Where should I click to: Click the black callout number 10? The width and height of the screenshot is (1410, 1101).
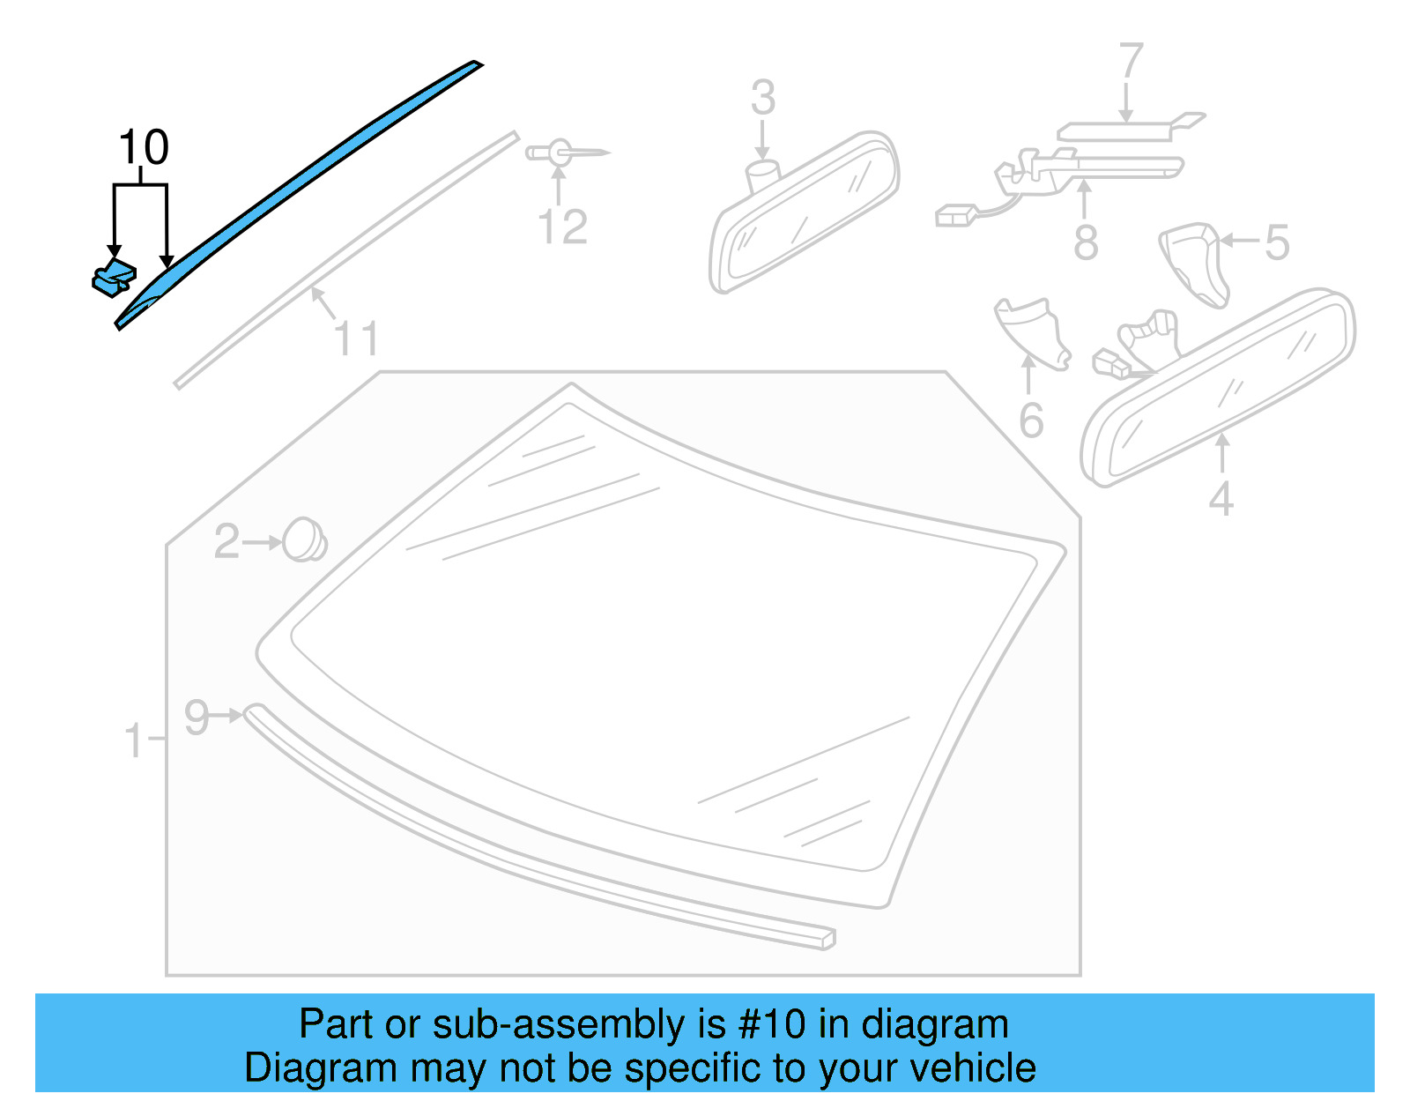(144, 147)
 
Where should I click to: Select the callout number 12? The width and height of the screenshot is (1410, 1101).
(562, 227)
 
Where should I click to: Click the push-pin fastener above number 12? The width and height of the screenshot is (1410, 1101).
(559, 153)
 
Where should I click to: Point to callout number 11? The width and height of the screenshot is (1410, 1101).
(357, 338)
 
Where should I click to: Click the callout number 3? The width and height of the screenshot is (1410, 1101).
(763, 97)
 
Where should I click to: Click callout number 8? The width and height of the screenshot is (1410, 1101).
(1086, 242)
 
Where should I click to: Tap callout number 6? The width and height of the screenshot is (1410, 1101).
(1031, 420)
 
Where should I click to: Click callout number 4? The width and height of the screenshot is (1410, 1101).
(1221, 499)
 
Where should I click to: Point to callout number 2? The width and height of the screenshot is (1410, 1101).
(226, 541)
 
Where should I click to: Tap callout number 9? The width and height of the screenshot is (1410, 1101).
(197, 717)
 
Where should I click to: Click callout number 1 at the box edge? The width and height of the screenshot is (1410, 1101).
(134, 740)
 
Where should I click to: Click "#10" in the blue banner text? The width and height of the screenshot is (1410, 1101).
(772, 1024)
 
